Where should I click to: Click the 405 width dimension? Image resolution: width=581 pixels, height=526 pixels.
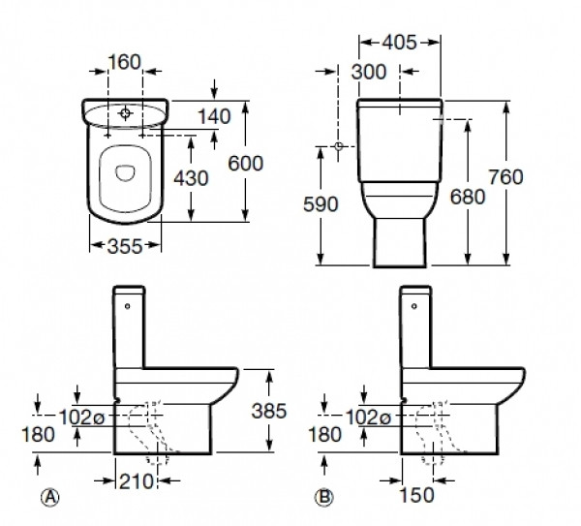coord(399,43)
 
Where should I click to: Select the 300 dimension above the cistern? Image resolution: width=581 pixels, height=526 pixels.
coord(369,72)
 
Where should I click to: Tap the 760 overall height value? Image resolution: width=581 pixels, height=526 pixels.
coord(505,177)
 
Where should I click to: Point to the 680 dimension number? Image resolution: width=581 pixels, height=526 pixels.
coord(468,197)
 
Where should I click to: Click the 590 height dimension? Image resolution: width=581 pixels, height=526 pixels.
coord(321,204)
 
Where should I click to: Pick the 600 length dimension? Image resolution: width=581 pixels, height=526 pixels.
coord(246,164)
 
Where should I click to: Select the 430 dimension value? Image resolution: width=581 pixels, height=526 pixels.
coord(191,178)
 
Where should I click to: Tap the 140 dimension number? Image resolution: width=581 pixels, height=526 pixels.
coord(215,116)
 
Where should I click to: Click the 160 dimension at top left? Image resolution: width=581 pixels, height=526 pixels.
coord(125,62)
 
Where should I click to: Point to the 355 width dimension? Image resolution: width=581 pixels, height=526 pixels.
coord(125,246)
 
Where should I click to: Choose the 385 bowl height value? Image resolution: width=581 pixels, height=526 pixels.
coord(269,411)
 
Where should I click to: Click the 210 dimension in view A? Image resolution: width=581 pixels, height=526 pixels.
coord(136,481)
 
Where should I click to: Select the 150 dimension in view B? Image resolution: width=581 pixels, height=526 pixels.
coord(416,495)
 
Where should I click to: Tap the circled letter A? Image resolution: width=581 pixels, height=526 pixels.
coord(50,497)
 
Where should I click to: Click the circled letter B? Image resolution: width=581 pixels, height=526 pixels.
coord(324,497)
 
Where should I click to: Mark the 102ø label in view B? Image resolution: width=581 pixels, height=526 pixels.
coord(368,418)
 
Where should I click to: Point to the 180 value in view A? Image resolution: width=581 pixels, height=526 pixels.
coord(38,434)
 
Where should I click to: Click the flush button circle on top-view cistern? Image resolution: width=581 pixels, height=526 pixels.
coord(125,112)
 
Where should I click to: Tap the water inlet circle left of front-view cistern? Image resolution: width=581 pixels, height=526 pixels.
coord(338,146)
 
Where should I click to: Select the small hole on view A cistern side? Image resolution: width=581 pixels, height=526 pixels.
coord(128,306)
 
